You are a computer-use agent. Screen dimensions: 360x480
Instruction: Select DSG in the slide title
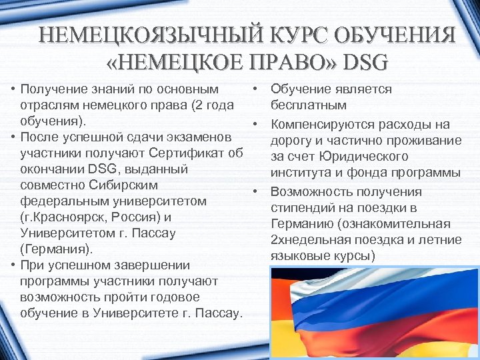click(x=363, y=63)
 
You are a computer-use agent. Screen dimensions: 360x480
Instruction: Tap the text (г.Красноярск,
click(x=62, y=217)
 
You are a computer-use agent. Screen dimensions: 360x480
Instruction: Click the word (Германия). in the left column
click(x=57, y=249)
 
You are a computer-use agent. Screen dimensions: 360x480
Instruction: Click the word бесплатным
click(x=308, y=105)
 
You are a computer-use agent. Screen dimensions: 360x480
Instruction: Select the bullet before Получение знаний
click(x=13, y=89)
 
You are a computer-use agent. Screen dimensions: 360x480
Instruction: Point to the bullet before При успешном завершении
click(x=13, y=265)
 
